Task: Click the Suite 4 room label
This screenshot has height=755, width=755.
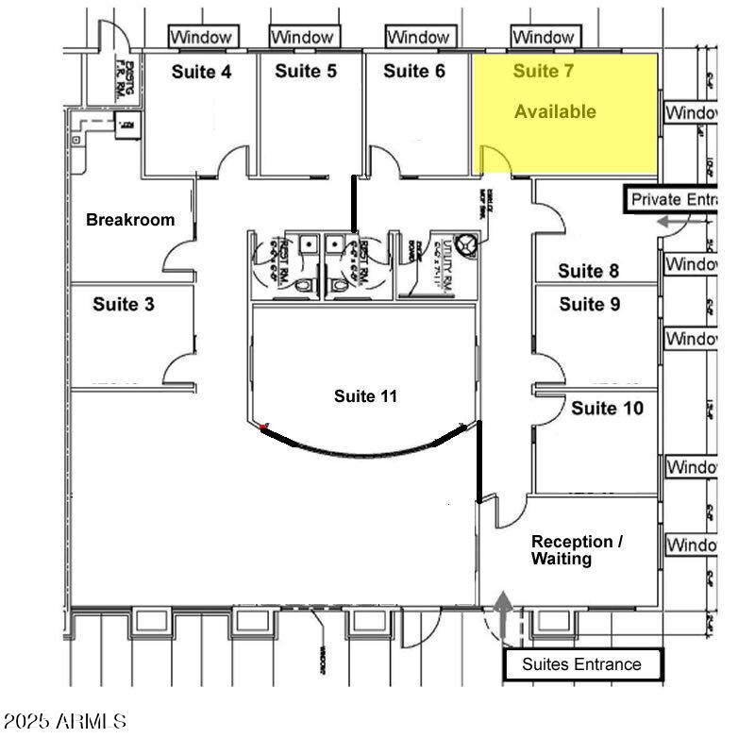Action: (x=200, y=72)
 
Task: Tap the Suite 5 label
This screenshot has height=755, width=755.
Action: (x=306, y=72)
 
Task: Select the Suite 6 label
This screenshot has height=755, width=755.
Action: (x=414, y=72)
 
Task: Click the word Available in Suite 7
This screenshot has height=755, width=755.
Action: (x=555, y=111)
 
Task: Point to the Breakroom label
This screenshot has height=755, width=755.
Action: (x=130, y=220)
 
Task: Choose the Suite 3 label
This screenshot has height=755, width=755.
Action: (x=124, y=305)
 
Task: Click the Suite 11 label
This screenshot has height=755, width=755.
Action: (x=365, y=396)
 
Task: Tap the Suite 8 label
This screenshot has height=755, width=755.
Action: (x=589, y=272)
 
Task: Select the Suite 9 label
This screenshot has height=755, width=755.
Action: (x=589, y=304)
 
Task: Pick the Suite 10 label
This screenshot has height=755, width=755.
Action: (x=608, y=409)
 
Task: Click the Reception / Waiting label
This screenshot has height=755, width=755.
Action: (x=577, y=550)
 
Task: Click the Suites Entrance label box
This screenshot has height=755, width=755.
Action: (x=581, y=664)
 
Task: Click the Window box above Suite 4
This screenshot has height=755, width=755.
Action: (x=201, y=37)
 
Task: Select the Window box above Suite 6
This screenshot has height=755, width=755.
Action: (x=417, y=37)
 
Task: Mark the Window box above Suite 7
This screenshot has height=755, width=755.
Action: (x=544, y=37)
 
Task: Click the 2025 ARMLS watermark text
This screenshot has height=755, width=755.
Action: (x=64, y=722)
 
